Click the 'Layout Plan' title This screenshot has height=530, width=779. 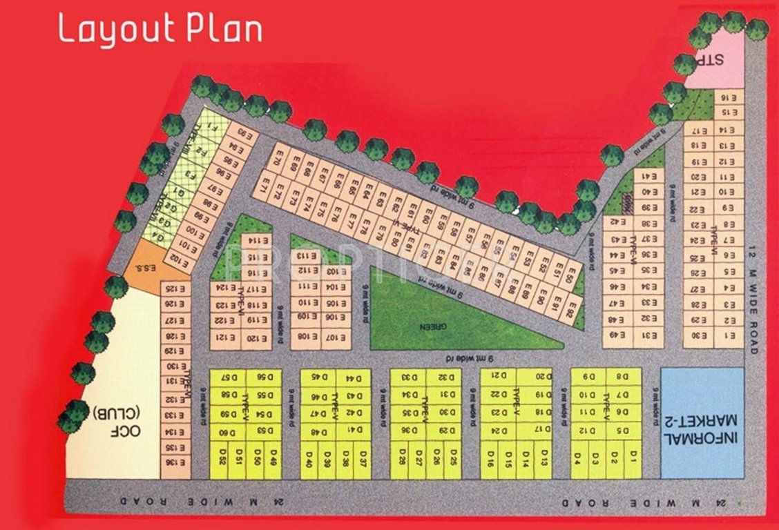(160, 30)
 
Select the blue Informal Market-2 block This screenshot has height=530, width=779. (702, 422)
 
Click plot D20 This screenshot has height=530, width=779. (543, 377)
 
